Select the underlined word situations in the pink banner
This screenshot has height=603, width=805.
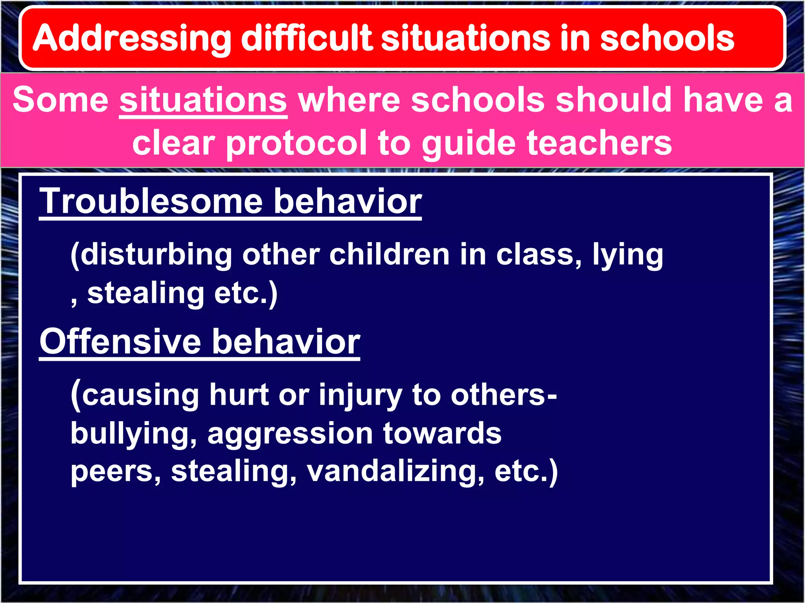point(203,100)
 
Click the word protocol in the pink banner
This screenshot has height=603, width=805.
point(297,143)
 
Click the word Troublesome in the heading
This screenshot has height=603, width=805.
point(151,201)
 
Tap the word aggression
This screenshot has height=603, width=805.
point(290,434)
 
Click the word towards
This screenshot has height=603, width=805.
point(442,433)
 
